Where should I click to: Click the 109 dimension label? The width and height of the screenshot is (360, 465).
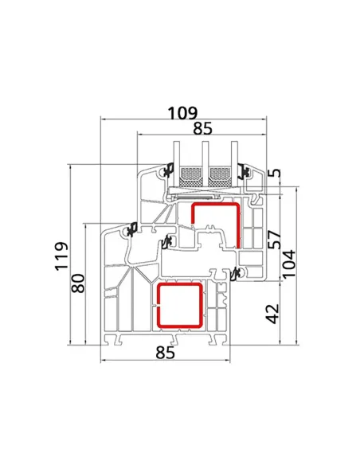[182, 113]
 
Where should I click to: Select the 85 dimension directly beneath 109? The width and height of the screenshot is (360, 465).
[203, 129]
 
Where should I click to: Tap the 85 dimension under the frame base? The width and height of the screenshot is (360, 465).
[165, 353]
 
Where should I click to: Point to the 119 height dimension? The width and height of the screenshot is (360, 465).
[61, 256]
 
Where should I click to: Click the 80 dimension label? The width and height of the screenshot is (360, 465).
[78, 283]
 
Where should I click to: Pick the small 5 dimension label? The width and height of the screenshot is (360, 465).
[276, 173]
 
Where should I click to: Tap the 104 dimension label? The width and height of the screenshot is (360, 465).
[289, 264]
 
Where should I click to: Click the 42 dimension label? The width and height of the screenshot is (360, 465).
[272, 314]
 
